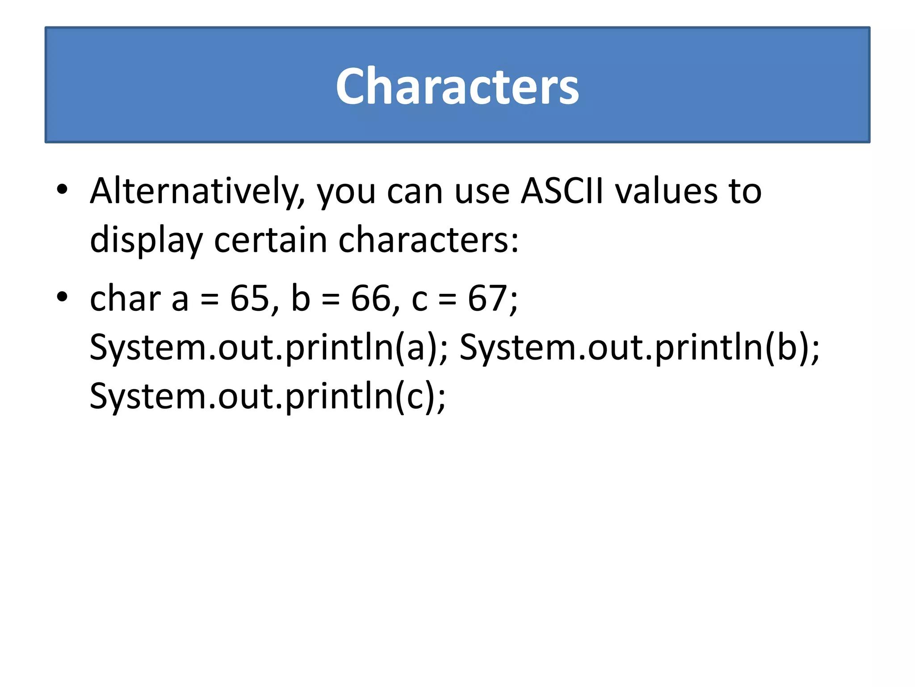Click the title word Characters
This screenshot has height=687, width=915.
pyautogui.click(x=457, y=86)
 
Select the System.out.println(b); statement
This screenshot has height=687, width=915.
pyautogui.click(x=639, y=348)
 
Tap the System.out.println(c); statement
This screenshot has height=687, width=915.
pyautogui.click(x=268, y=396)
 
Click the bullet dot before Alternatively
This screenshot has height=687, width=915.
pyautogui.click(x=62, y=189)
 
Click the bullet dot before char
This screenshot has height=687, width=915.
pyautogui.click(x=62, y=297)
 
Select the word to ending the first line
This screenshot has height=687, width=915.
pyautogui.click(x=745, y=191)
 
